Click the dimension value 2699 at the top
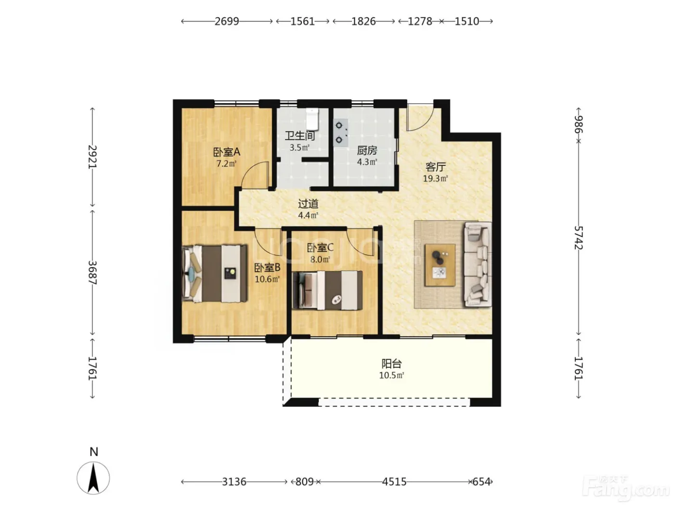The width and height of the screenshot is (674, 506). click(227, 21)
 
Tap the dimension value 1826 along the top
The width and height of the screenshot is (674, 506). click(363, 21)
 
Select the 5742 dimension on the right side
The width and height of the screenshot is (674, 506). click(579, 238)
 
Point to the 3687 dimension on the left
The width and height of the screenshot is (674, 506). click(92, 272)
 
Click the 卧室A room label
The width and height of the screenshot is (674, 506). click(227, 152)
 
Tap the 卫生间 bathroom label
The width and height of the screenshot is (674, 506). click(300, 135)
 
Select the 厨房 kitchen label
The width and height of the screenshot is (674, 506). click(367, 150)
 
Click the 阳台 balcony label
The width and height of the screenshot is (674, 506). click(391, 363)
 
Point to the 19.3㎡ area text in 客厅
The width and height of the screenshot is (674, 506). click(435, 178)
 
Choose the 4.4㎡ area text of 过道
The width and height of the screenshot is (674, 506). click(308, 215)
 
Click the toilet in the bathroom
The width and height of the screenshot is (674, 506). click(312, 119)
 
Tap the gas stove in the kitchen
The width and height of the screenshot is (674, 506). click(341, 133)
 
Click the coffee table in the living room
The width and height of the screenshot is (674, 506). click(440, 265)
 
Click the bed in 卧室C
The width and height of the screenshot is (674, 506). click(327, 290)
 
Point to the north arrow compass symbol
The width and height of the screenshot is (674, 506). click(93, 478)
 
